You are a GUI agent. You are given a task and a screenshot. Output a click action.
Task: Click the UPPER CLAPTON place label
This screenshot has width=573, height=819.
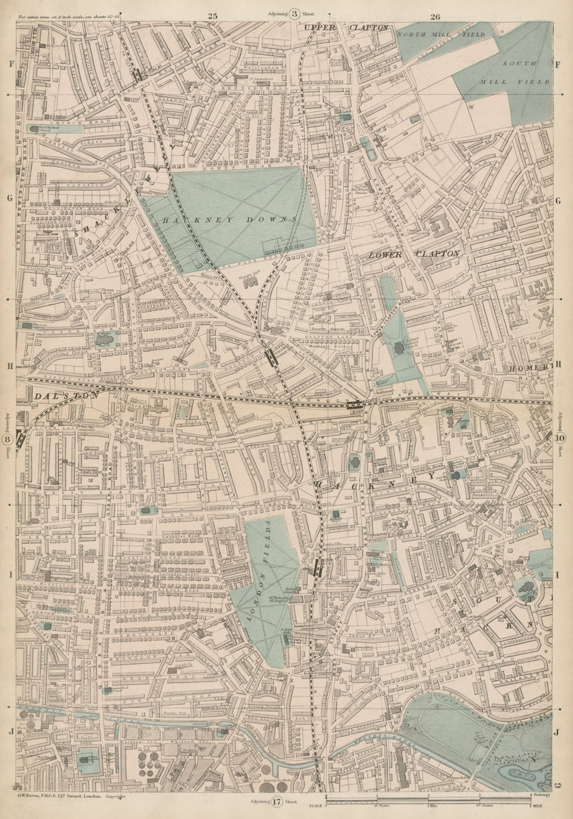point(347,27)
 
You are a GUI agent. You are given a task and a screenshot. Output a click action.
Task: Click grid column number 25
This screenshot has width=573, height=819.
point(213,17)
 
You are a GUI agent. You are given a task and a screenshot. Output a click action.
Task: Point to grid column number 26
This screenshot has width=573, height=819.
point(434,17)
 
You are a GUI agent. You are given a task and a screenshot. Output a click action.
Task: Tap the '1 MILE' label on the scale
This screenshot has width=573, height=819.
point(538,806)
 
